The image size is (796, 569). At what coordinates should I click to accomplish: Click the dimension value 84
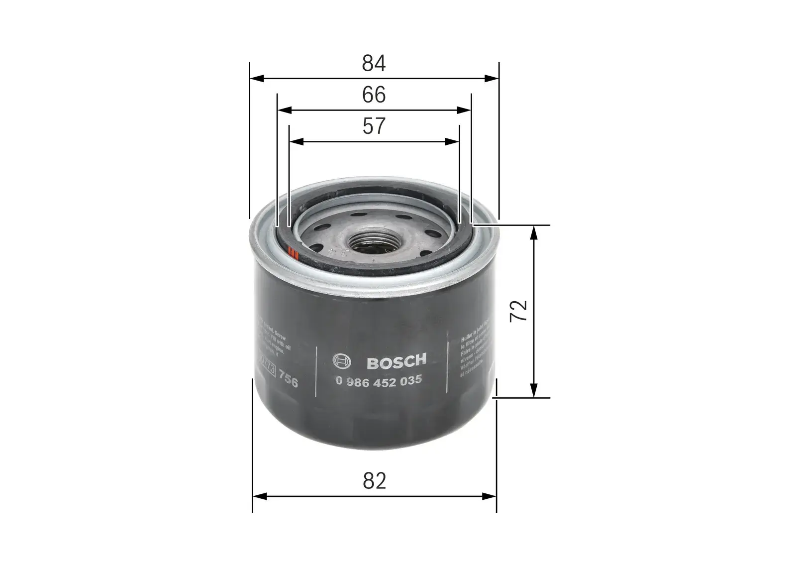374,64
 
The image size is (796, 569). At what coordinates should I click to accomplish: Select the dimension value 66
374,95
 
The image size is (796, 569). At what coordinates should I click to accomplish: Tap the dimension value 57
374,126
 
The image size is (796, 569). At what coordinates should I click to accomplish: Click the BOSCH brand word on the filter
397,362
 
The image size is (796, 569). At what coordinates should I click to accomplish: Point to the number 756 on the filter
288,382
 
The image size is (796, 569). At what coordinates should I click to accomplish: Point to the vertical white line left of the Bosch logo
317,371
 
